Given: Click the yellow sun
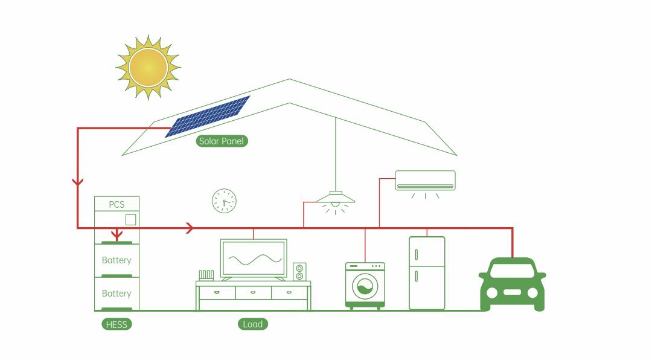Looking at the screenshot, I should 148,66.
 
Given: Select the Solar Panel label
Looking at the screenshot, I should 222,141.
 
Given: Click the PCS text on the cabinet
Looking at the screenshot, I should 117,205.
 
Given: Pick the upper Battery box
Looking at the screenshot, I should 117,260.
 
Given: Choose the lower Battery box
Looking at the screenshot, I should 117,294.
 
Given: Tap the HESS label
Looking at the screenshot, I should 117,324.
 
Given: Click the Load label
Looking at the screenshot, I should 252,324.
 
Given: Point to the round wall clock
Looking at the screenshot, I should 224,201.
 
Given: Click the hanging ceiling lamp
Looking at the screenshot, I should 336,198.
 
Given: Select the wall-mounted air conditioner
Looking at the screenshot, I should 425,180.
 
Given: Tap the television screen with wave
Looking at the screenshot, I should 254,259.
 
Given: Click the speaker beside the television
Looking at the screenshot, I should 299,271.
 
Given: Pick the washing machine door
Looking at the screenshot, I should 365,286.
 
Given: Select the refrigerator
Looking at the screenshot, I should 427,273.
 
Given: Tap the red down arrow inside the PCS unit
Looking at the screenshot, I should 117,234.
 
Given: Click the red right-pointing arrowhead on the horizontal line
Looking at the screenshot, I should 190,228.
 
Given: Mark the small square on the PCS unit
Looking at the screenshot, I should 130,219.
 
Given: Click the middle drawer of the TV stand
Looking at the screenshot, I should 253,292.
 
